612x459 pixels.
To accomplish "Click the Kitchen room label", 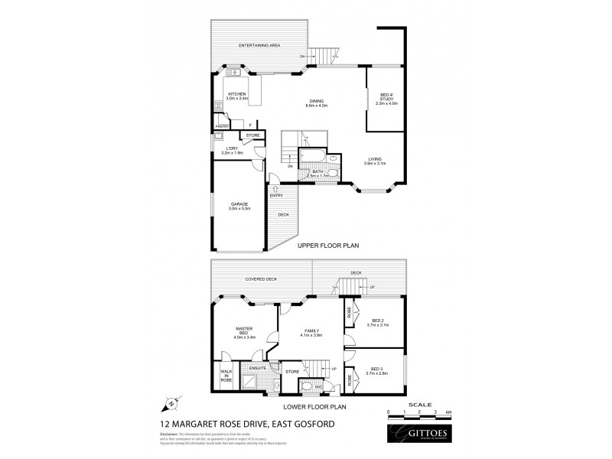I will click(236, 96).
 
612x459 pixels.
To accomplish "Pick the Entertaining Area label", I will click(259, 46).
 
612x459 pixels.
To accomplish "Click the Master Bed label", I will click(244, 332).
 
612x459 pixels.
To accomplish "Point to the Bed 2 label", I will click(377, 322).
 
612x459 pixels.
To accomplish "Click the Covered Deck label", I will click(260, 280).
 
